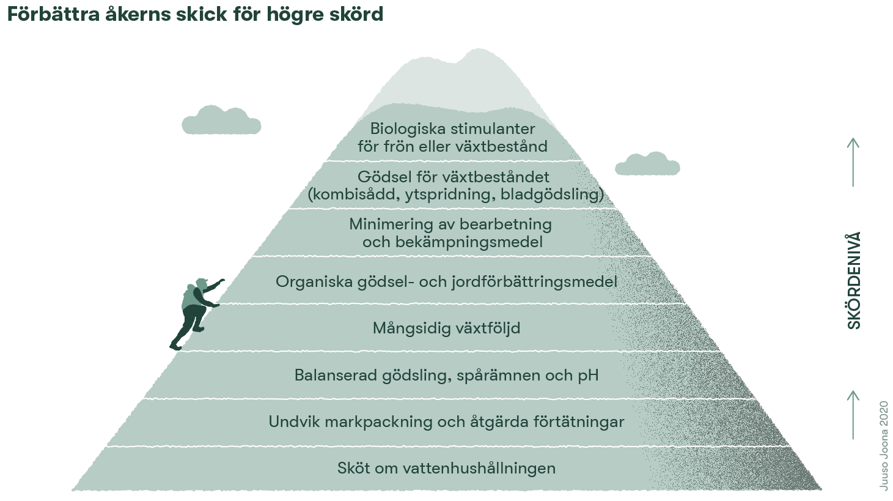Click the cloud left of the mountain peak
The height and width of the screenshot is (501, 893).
click(x=221, y=121)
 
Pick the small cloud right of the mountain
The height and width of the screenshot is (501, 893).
click(x=647, y=164)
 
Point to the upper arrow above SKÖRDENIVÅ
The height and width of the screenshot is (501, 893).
click(x=853, y=161)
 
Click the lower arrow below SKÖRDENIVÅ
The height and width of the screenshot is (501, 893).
click(x=853, y=414)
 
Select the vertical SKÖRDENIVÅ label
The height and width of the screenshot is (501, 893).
click(x=854, y=281)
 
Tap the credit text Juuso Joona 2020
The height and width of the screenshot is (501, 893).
click(x=884, y=445)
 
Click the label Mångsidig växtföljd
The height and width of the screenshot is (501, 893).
click(x=446, y=328)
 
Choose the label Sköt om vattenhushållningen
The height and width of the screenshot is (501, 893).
click(x=446, y=469)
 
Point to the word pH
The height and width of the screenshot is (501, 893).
click(x=588, y=375)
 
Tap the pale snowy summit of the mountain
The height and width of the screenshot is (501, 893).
click(x=465, y=76)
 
